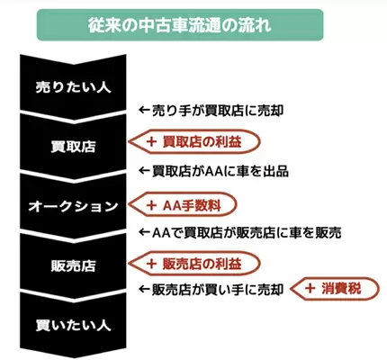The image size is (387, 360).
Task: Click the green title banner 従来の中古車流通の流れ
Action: coord(180,25)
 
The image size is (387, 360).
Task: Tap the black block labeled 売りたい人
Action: coord(73,87)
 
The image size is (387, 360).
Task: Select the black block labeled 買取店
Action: coord(73,146)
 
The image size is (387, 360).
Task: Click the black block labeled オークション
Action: coord(73,206)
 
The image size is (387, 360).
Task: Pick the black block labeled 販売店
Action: coord(73,265)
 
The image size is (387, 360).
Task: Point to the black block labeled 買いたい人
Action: coord(73,326)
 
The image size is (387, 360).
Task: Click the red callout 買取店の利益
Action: coord(194,142)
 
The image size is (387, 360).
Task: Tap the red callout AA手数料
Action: coord(183,204)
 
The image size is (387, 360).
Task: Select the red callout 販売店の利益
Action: coord(194,264)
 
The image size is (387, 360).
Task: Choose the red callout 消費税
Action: coord(336,289)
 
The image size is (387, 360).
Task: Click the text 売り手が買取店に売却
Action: coord(218,111)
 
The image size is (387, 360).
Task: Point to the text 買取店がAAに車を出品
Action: coord(220,171)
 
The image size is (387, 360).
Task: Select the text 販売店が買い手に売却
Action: coord(218,290)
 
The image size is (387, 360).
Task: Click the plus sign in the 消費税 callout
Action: coord(310,289)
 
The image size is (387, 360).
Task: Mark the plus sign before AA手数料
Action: coord(151,205)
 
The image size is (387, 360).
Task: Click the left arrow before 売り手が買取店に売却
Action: coord(144,110)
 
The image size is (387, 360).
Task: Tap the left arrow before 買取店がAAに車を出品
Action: coord(144,171)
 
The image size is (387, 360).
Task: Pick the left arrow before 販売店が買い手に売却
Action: coord(144,289)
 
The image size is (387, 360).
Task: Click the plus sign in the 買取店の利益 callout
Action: coord(151,142)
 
